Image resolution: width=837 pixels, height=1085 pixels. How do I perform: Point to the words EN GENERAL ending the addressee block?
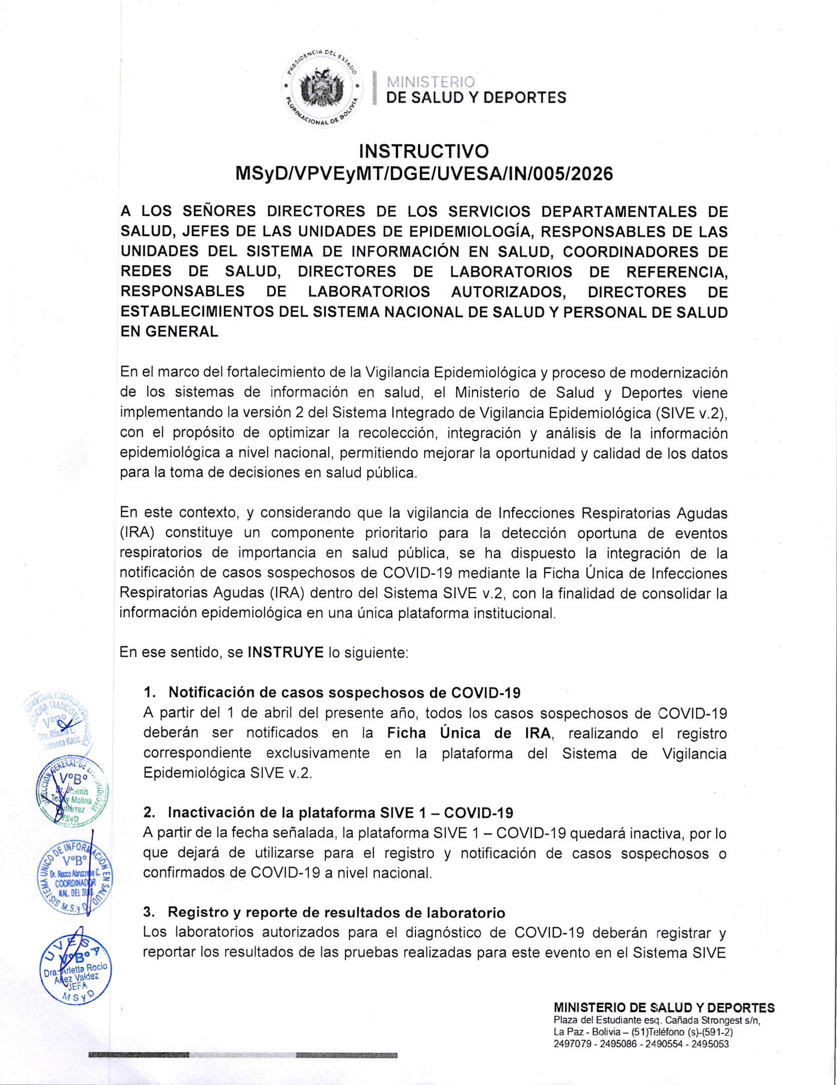(169, 332)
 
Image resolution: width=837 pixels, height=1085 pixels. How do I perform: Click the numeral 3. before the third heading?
(148, 913)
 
